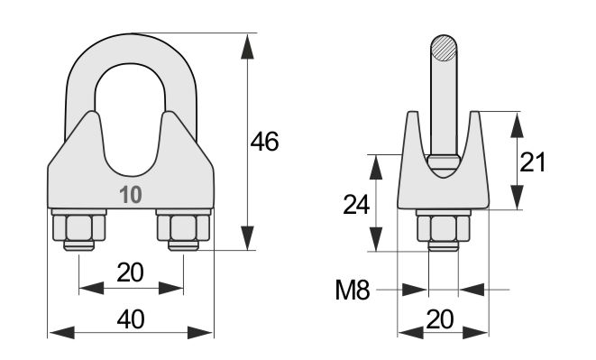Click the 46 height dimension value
tap(264, 142)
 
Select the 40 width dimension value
tap(131, 319)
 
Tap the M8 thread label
tap(353, 290)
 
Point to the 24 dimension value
tap(356, 204)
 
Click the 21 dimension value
tap(532, 162)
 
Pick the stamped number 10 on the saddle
tap(131, 195)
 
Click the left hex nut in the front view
tap(79, 227)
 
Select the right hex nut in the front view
tap(183, 227)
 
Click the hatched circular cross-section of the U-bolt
tap(444, 48)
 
